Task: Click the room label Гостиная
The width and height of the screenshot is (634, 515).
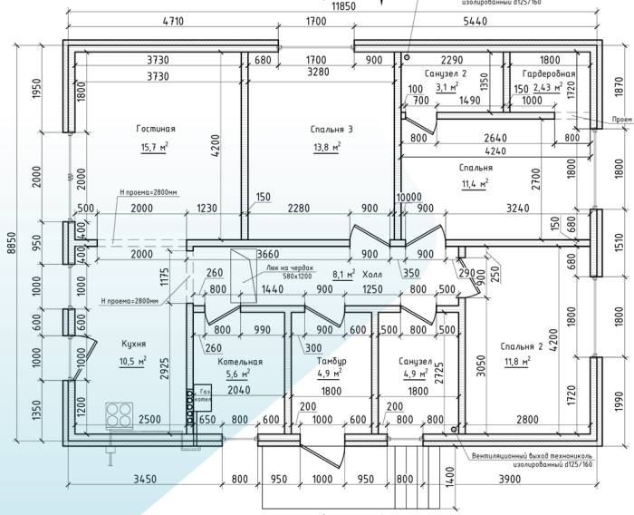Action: (x=156, y=129)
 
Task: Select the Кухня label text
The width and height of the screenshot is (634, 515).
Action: (x=134, y=345)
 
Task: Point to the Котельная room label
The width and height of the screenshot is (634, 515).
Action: (x=240, y=361)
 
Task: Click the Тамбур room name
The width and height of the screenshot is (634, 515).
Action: (x=331, y=361)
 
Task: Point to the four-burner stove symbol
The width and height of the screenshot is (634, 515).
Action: (x=119, y=415)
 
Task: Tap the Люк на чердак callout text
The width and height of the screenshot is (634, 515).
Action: (x=290, y=268)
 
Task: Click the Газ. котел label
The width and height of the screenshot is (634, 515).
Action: (x=205, y=395)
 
